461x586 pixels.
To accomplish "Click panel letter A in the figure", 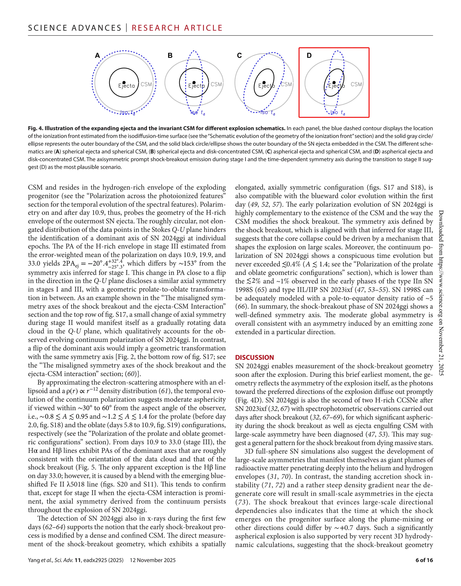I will pos(97,56).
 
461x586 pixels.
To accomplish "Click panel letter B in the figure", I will pos(170,56).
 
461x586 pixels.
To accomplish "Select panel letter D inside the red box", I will pos(309,56).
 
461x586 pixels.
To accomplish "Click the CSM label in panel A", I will pos(146,84).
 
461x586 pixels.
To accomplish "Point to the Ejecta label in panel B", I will pos(197,86).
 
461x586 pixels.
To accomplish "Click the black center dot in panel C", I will pos(264,83).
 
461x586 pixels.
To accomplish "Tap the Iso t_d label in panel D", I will pos(338,112).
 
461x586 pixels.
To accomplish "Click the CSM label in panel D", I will pos(356,84).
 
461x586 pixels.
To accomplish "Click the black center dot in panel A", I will pos(124,83).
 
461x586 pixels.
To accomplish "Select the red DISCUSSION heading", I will pos(254,358).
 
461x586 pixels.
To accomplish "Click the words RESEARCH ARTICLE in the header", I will pos(177,28).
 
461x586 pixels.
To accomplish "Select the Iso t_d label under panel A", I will pos(128,112).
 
